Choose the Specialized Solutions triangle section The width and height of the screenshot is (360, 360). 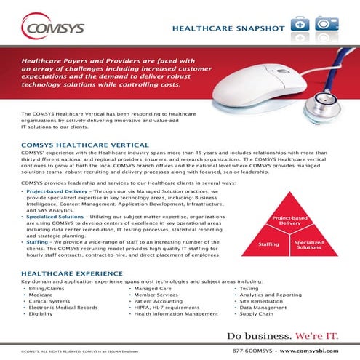point(309,247)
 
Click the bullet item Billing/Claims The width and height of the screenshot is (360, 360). point(47,289)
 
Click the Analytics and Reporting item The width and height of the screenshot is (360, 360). point(270,295)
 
